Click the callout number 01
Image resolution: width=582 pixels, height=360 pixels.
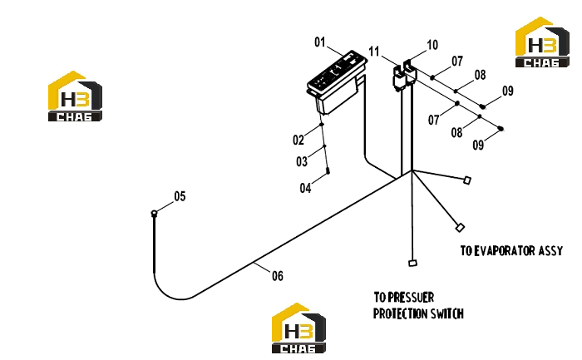(319, 42)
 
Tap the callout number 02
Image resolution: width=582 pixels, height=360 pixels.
(298, 140)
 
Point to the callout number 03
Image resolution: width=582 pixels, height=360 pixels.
(302, 161)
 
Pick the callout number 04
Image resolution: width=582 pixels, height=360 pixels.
(305, 188)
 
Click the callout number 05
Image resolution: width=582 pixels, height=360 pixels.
(180, 196)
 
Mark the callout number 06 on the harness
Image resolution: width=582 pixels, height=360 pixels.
(278, 276)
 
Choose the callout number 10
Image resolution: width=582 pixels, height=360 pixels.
(432, 45)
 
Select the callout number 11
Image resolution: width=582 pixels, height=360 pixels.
(374, 52)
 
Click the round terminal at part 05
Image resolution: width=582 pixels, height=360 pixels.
(154, 213)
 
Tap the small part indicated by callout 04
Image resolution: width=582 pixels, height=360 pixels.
(328, 170)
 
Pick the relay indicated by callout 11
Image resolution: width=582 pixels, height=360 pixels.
(399, 78)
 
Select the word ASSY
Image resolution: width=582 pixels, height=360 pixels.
(550, 251)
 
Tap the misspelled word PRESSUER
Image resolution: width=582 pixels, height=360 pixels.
(411, 298)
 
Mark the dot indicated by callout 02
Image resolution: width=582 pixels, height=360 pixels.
(322, 125)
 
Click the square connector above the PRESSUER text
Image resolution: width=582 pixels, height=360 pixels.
(412, 263)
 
